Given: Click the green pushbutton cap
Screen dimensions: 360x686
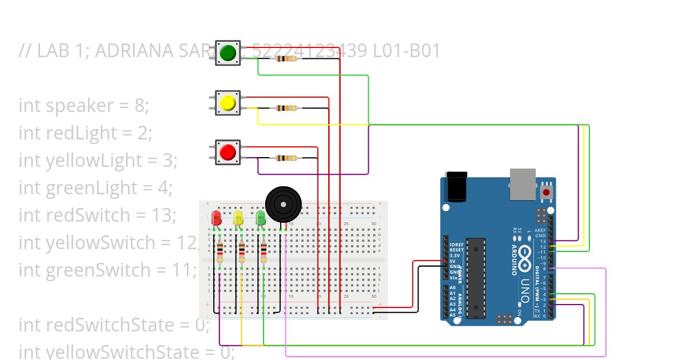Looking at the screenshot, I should pyautogui.click(x=228, y=53).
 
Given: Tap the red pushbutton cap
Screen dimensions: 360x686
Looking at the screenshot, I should pyautogui.click(x=228, y=152).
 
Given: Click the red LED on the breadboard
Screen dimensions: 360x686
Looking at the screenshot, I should pyautogui.click(x=216, y=218).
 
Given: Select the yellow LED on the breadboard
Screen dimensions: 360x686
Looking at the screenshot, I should pyautogui.click(x=238, y=218).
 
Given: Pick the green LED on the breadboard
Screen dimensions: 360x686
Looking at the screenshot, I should pyautogui.click(x=261, y=218).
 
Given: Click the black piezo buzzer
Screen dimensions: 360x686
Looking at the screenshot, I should pyautogui.click(x=282, y=203).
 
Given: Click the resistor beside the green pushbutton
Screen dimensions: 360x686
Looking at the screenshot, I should pyautogui.click(x=286, y=58).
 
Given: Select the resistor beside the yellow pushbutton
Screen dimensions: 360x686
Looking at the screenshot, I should pyautogui.click(x=286, y=108).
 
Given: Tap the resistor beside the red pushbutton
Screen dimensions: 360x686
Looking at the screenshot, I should pyautogui.click(x=286, y=158).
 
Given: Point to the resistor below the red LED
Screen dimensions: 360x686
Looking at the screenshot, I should pyautogui.click(x=220, y=251).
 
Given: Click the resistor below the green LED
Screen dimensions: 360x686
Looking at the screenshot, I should pyautogui.click(x=264, y=251).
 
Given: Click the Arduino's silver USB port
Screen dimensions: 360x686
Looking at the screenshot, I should pyautogui.click(x=523, y=183).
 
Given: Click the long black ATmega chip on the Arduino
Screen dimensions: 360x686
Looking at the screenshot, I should pyautogui.click(x=475, y=277).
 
